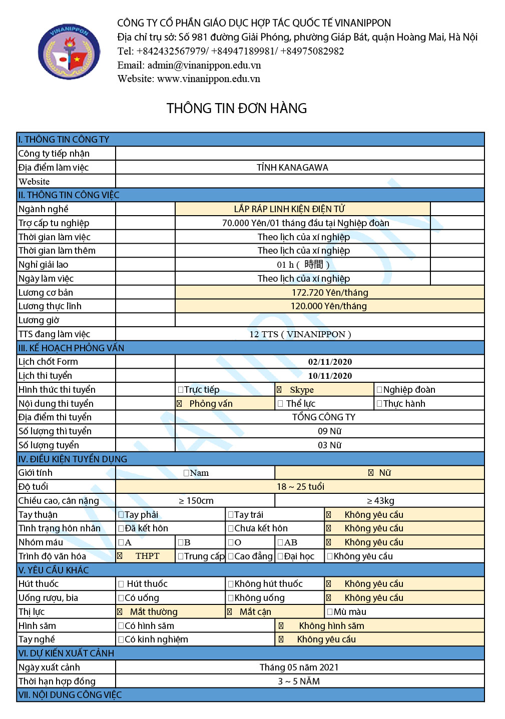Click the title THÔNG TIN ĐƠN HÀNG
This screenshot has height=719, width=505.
coord(237,108)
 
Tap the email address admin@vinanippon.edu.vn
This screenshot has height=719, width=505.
coord(204,65)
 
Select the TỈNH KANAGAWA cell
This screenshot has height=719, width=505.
coord(292,168)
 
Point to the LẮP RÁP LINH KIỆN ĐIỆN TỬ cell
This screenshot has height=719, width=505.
coord(289,209)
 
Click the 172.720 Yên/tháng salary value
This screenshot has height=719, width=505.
coord(330,293)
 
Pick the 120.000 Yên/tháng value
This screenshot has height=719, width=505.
coord(329,306)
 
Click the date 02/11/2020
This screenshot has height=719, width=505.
coord(330,362)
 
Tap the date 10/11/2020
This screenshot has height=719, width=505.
coord(330,376)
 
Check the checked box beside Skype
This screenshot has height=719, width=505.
coord(279,390)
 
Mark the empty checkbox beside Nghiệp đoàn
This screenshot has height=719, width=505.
coord(379,390)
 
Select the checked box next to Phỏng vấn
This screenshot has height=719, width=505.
coord(179,404)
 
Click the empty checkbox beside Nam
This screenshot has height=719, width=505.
coord(186,473)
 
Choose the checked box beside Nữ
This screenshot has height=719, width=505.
coord(371,473)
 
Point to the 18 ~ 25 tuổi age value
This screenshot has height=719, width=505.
coord(300,487)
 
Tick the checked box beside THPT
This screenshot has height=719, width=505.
coord(120,556)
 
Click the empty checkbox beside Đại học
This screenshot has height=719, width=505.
coord(280,556)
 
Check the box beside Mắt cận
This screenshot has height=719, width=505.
coord(229,612)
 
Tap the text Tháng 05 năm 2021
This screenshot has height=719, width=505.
coord(299,667)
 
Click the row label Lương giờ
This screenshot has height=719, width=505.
coord(39,320)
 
